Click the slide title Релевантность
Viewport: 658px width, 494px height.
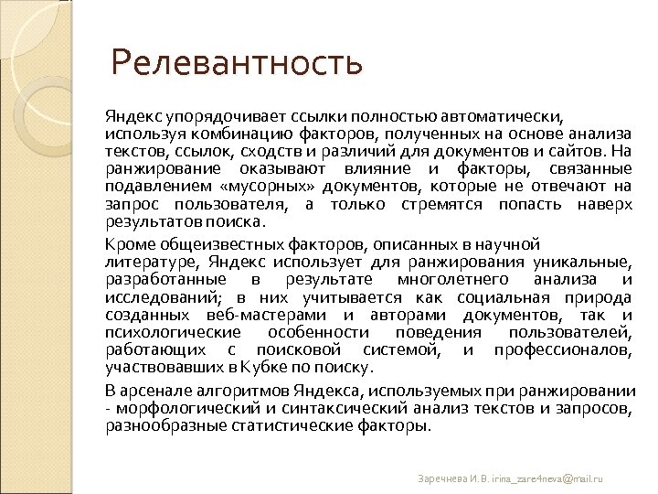click(237, 64)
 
